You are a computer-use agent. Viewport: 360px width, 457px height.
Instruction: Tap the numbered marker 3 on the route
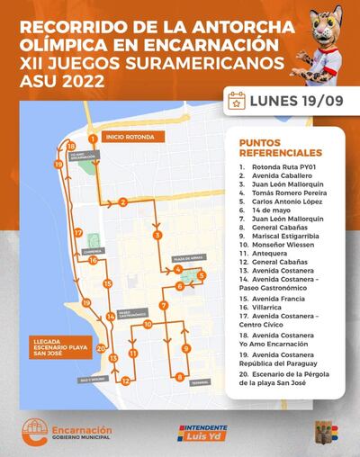click(x=157, y=235)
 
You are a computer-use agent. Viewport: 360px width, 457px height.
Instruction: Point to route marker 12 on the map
click(x=125, y=381)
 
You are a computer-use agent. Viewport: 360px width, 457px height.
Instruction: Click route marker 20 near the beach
click(x=101, y=348)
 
